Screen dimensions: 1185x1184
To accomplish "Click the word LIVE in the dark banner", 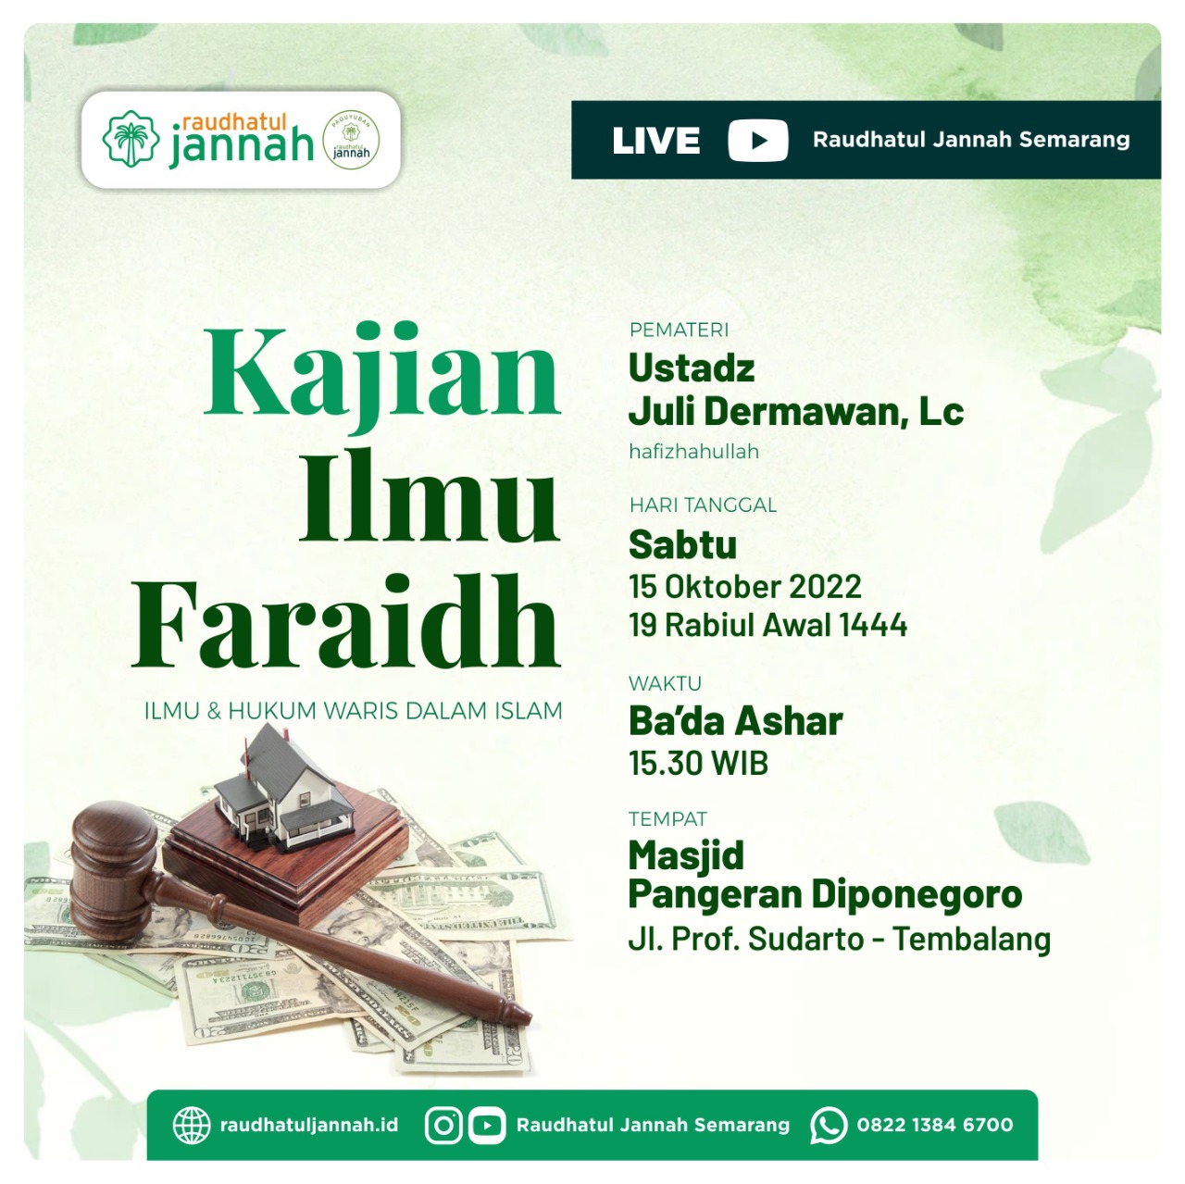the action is (x=655, y=140).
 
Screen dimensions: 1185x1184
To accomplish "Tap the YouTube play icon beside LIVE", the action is (x=757, y=140).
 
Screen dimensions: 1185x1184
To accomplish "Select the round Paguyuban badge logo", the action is (x=351, y=140).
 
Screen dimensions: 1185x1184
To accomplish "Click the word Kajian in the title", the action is (x=381, y=378).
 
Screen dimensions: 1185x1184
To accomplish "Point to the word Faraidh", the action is (x=345, y=621).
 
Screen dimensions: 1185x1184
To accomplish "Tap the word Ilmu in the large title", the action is (x=430, y=497).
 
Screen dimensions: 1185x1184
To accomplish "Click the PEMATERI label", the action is (x=679, y=330).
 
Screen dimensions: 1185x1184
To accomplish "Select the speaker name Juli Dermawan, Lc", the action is (x=796, y=411).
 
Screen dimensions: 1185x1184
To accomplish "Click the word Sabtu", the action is (x=682, y=545).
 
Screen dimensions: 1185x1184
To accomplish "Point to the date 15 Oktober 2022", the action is (x=744, y=586).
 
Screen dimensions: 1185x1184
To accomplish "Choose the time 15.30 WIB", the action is (x=699, y=764).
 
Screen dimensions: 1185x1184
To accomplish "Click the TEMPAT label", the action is (x=667, y=818).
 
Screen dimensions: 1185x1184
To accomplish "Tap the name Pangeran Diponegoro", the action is (x=825, y=894).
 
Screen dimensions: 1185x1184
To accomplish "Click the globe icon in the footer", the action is (x=192, y=1126).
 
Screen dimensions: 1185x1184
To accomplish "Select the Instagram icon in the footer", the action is (x=443, y=1126).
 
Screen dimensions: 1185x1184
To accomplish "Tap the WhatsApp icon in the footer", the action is (x=829, y=1126).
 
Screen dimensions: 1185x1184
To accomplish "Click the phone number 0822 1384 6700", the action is (x=935, y=1125).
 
